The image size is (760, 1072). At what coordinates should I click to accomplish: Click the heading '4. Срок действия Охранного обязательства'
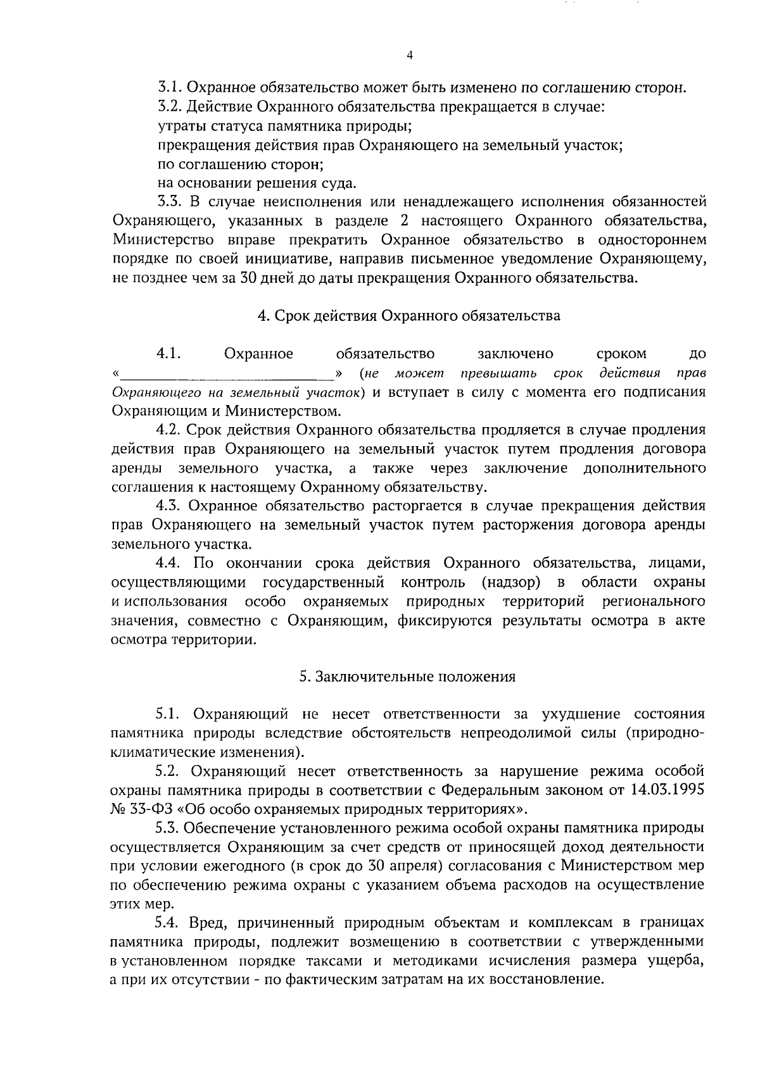408,316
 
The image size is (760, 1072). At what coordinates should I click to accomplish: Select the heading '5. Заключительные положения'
408,677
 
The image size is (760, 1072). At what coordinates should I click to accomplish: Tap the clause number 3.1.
170,88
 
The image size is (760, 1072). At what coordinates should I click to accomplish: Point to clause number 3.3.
170,203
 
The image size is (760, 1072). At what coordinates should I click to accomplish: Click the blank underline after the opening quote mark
228,373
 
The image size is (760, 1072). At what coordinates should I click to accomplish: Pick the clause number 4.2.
170,430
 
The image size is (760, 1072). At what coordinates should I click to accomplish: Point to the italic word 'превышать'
499,373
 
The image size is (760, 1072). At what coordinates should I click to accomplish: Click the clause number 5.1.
170,714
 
